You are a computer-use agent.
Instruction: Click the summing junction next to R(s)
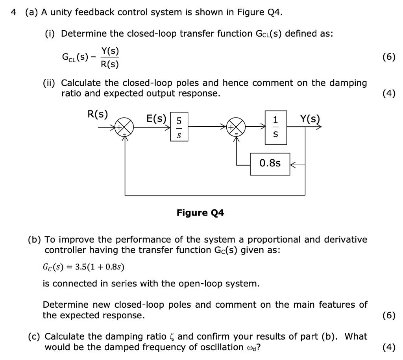click(x=125, y=127)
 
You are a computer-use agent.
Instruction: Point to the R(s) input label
click(x=97, y=114)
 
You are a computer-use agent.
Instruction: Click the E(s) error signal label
click(x=156, y=118)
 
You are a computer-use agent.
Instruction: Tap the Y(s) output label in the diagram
click(x=310, y=118)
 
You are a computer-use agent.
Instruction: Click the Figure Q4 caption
click(x=200, y=213)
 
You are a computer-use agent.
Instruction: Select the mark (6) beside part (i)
click(x=389, y=57)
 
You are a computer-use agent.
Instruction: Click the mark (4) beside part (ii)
click(x=389, y=94)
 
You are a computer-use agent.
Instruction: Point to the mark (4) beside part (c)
click(x=389, y=347)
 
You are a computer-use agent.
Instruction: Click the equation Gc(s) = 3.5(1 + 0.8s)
click(x=83, y=267)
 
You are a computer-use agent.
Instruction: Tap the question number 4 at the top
click(x=14, y=12)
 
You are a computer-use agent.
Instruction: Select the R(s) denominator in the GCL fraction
click(x=110, y=64)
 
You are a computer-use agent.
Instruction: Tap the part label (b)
click(x=35, y=240)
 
